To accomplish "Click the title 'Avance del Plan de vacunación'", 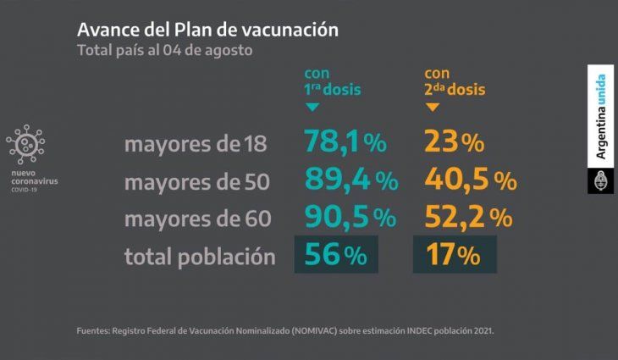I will (x=207, y=29).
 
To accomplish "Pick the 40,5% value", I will (x=470, y=180).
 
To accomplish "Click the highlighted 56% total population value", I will (x=335, y=254).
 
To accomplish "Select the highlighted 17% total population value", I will (x=454, y=254).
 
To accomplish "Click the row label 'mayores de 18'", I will (x=196, y=145).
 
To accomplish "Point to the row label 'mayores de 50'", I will (x=197, y=182).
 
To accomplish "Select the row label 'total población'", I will (x=200, y=256).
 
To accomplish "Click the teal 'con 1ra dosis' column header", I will (x=334, y=81).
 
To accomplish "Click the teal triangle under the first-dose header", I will (x=312, y=108).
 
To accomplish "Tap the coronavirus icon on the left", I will (x=25, y=146).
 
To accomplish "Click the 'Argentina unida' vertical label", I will (x=600, y=118).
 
